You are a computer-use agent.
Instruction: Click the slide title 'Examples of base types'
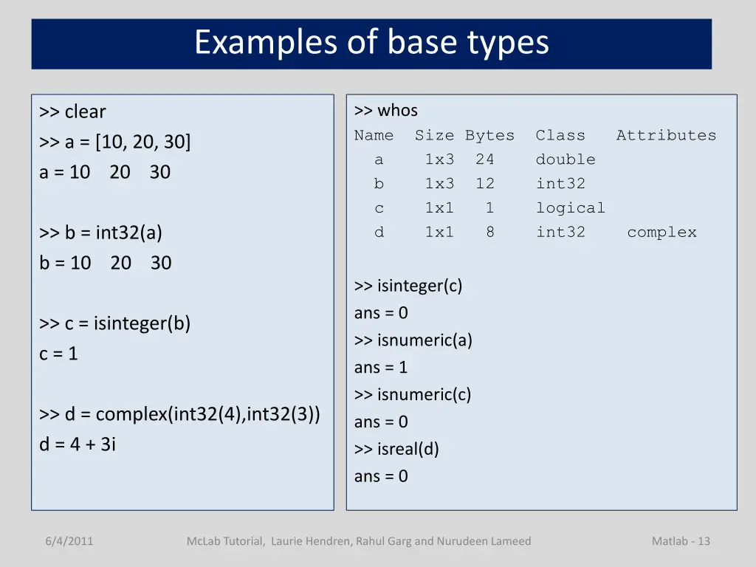point(371,43)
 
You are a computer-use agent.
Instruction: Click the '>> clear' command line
point(73,112)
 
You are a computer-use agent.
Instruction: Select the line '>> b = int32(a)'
point(101,233)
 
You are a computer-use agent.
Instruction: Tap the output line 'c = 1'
point(58,354)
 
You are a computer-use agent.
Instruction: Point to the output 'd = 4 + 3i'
point(78,444)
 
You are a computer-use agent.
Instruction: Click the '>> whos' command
point(386,111)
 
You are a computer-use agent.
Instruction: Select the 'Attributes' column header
point(666,135)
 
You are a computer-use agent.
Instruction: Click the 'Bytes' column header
point(489,135)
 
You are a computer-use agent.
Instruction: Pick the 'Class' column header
point(560,135)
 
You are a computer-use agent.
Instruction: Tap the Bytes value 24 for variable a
point(485,159)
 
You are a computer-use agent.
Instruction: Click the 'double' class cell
point(566,159)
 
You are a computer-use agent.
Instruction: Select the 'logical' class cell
point(571,208)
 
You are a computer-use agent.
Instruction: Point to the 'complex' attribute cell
point(661,233)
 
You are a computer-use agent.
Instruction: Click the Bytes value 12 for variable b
point(485,184)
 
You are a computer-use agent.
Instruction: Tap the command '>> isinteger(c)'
point(408,286)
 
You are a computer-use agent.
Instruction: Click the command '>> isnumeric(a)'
point(413,340)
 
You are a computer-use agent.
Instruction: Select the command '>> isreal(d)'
point(396,449)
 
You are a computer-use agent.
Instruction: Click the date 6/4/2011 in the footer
point(69,541)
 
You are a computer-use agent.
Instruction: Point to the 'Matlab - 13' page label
point(681,541)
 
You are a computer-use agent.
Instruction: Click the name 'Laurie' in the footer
point(288,541)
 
